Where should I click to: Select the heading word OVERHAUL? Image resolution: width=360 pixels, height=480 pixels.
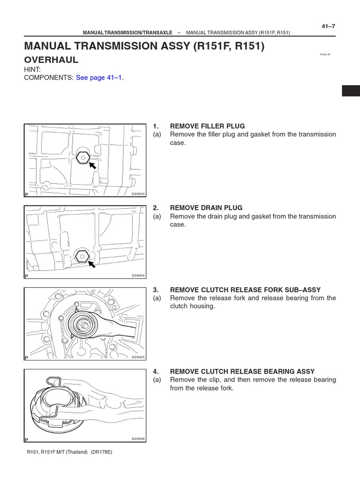pyautogui.click(x=51, y=60)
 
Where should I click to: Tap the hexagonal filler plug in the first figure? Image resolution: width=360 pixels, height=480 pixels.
pyautogui.click(x=82, y=158)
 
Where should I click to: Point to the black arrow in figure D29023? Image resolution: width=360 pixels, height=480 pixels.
pyautogui.click(x=93, y=165)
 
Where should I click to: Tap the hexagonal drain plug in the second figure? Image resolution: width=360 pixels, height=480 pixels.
pyautogui.click(x=82, y=256)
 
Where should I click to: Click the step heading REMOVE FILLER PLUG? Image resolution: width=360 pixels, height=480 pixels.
pyautogui.click(x=207, y=126)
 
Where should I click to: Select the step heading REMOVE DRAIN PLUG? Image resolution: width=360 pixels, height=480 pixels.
pyautogui.click(x=206, y=208)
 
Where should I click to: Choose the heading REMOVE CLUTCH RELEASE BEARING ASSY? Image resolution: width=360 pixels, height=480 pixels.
pyautogui.click(x=242, y=371)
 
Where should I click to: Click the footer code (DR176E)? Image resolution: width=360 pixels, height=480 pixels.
pyautogui.click(x=102, y=452)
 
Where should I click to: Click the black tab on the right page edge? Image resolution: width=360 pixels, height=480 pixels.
pyautogui.click(x=351, y=91)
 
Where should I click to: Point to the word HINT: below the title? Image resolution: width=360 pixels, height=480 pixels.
pyautogui.click(x=33, y=69)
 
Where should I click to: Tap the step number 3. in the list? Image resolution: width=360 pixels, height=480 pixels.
pyautogui.click(x=156, y=290)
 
